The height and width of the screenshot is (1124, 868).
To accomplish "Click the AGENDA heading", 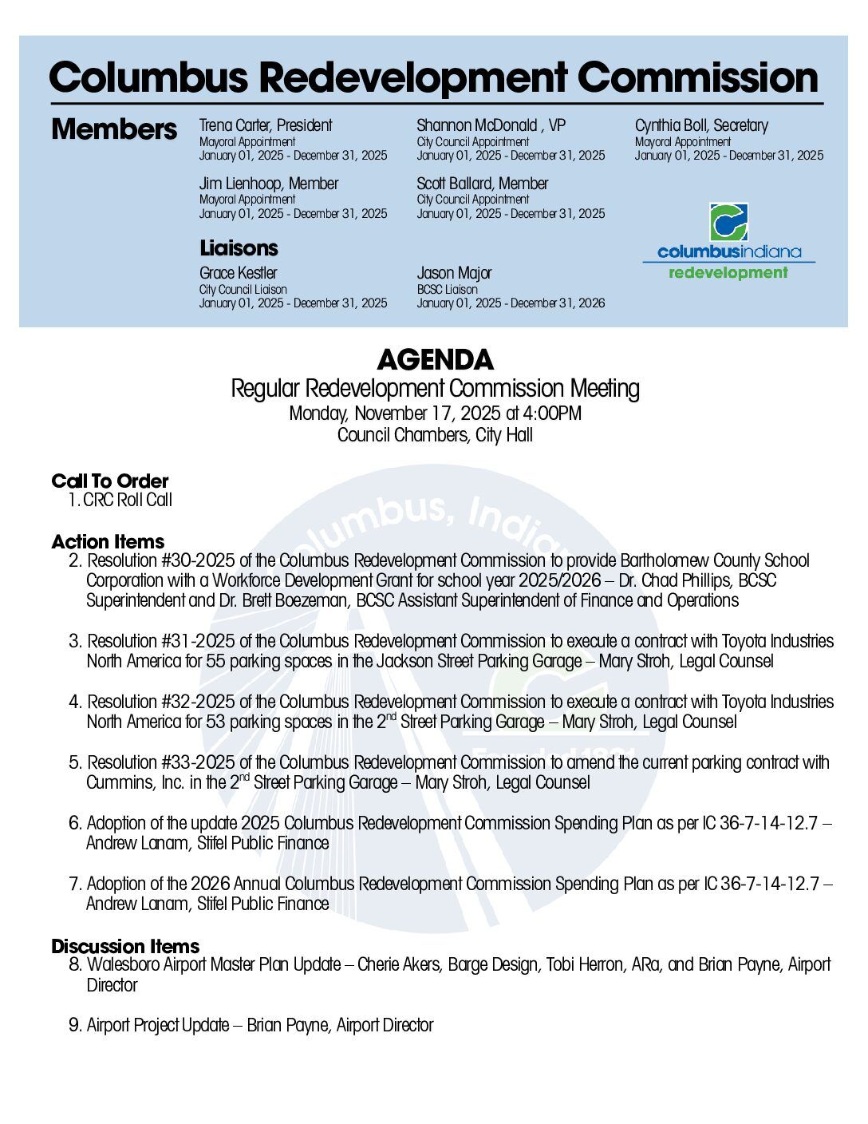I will [x=435, y=360].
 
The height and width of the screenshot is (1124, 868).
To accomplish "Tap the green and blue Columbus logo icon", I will [x=728, y=222].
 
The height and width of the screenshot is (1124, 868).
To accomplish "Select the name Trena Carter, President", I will [x=266, y=125].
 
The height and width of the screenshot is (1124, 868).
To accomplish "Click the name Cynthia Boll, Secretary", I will [x=701, y=125].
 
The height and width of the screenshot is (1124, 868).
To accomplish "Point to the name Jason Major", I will [x=454, y=273].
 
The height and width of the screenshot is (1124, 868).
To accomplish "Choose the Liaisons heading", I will [x=239, y=247].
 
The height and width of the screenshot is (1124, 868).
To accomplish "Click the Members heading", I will [x=114, y=129].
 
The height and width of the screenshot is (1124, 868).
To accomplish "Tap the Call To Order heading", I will [x=110, y=481].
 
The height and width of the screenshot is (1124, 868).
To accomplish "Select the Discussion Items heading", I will [x=125, y=946].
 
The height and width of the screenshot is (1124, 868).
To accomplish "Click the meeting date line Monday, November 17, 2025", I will [x=435, y=414].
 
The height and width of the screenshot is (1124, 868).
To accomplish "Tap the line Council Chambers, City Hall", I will [x=435, y=435].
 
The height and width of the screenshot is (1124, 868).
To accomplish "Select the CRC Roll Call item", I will [x=127, y=501].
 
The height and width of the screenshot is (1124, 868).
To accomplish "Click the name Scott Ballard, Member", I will [x=482, y=184].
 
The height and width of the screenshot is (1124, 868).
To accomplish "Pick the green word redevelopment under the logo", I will [x=728, y=273].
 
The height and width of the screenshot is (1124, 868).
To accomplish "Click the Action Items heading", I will [x=108, y=541].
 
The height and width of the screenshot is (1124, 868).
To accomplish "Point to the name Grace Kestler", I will [x=238, y=273].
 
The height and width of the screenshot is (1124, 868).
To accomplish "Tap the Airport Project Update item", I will [x=259, y=1025].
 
